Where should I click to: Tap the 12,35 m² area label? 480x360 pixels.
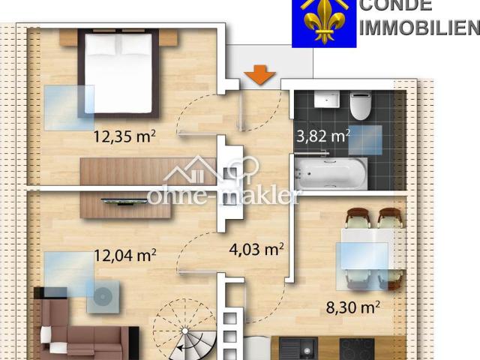(124, 136)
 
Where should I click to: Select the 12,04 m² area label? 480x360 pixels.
(124, 255)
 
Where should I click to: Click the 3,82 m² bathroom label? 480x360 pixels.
(323, 136)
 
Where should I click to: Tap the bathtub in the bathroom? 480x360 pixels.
(330, 173)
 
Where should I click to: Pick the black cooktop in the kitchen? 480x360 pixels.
(356, 349)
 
